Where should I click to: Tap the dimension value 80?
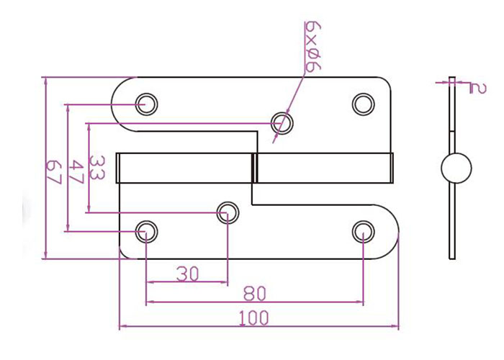point(254,294)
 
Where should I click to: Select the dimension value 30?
point(186,273)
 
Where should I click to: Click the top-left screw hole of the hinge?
point(147,102)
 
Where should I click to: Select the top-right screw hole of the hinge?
point(362,103)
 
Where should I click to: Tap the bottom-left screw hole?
point(146,231)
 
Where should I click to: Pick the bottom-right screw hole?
point(363,231)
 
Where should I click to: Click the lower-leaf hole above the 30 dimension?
point(228,211)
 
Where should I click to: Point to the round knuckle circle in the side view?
point(455,168)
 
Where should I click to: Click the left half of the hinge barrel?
point(184,167)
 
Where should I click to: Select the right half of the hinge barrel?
point(324,167)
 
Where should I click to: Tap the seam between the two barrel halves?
point(253,167)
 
